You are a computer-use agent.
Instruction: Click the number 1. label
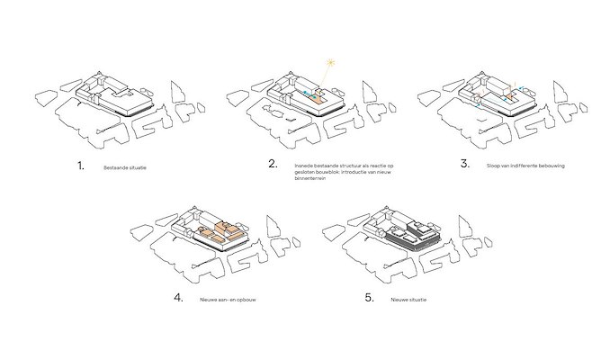[81, 166]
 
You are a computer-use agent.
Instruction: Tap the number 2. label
[272, 165]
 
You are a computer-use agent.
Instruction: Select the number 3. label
[465, 165]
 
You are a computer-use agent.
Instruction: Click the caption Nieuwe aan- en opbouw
[227, 298]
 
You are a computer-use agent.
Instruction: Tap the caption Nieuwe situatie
[406, 298]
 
